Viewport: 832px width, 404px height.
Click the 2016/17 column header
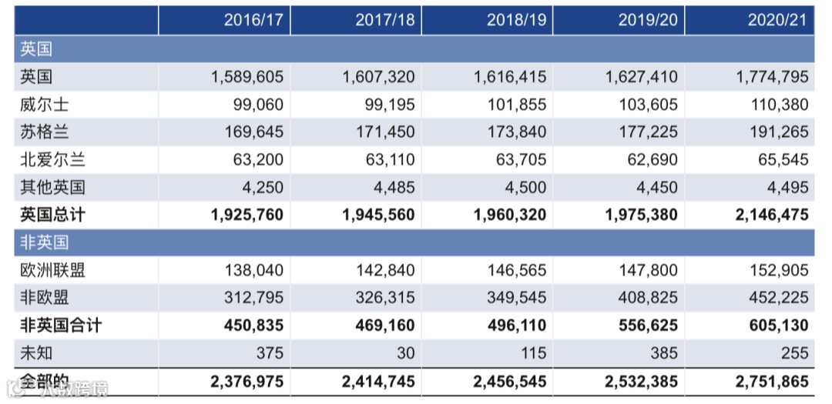[253, 21]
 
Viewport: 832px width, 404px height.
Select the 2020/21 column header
[777, 21]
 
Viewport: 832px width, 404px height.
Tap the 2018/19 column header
[516, 21]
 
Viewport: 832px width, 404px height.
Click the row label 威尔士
[45, 105]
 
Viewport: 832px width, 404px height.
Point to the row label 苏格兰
[45, 132]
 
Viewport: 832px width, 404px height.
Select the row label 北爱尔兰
[52, 160]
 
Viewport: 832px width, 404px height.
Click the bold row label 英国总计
[52, 215]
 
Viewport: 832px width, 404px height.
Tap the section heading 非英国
[45, 242]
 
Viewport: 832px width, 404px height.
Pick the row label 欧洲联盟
[52, 270]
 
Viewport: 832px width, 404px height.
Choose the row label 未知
[36, 352]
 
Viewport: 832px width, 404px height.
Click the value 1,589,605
[247, 77]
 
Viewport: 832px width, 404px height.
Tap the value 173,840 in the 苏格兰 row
[516, 132]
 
